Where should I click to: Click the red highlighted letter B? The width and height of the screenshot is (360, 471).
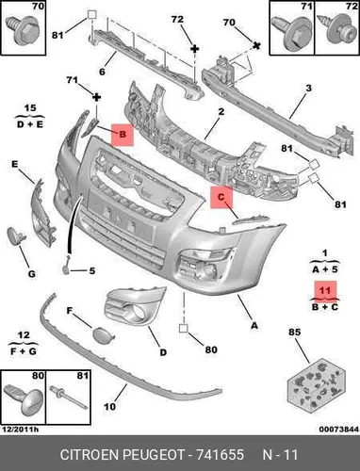pos(123,135)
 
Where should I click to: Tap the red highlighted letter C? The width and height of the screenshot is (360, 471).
pos(221,197)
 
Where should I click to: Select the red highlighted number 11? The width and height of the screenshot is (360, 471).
pos(325,290)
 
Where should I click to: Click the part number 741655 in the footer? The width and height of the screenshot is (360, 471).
pos(220,455)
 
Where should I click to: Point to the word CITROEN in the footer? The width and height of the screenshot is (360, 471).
pos(89,455)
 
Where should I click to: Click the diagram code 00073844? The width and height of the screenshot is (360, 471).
pos(338,430)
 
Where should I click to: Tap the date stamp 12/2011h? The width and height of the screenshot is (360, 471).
pos(21,430)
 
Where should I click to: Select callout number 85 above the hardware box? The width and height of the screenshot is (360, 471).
pos(295,333)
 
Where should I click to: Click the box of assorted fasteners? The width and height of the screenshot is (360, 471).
pos(317,384)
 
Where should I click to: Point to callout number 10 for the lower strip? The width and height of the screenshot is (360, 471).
pos(109,407)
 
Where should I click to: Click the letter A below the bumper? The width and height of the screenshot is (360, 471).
pos(254,326)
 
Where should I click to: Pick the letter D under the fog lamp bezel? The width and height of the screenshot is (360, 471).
pos(163,352)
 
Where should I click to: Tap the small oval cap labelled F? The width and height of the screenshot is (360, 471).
pos(104,333)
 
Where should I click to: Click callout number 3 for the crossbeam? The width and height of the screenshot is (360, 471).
pos(309,88)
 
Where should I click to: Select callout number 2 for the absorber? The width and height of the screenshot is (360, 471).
pos(221,111)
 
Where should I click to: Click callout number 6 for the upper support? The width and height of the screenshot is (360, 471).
pos(102,72)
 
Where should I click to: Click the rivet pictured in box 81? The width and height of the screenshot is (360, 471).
pos(69,397)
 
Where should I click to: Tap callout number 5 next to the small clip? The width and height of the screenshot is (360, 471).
pos(92,270)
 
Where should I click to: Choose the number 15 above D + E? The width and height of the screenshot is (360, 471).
pos(30,108)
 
